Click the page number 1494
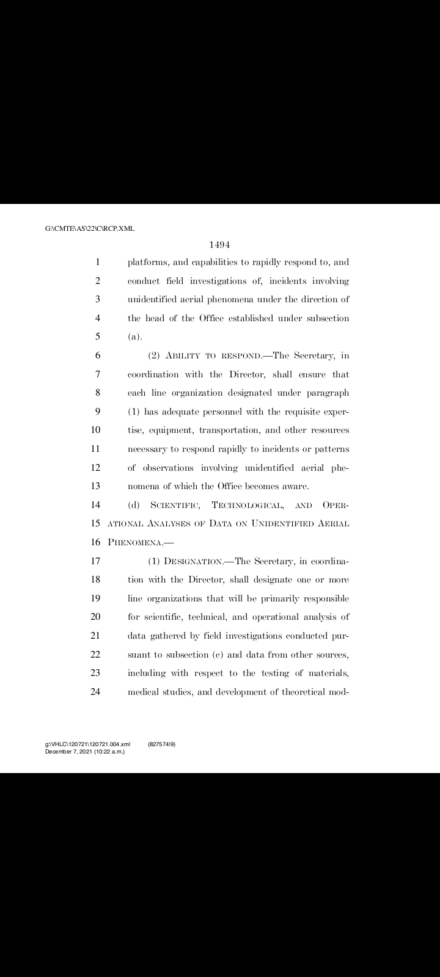pos(219,245)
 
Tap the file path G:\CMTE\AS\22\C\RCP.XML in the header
pos(90,229)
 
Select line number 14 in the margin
pos(95,505)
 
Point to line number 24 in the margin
pos(95,692)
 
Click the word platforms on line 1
pos(147,263)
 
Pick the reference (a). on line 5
pos(134,337)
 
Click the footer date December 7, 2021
pos(69,751)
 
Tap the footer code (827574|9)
pos(162,744)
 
